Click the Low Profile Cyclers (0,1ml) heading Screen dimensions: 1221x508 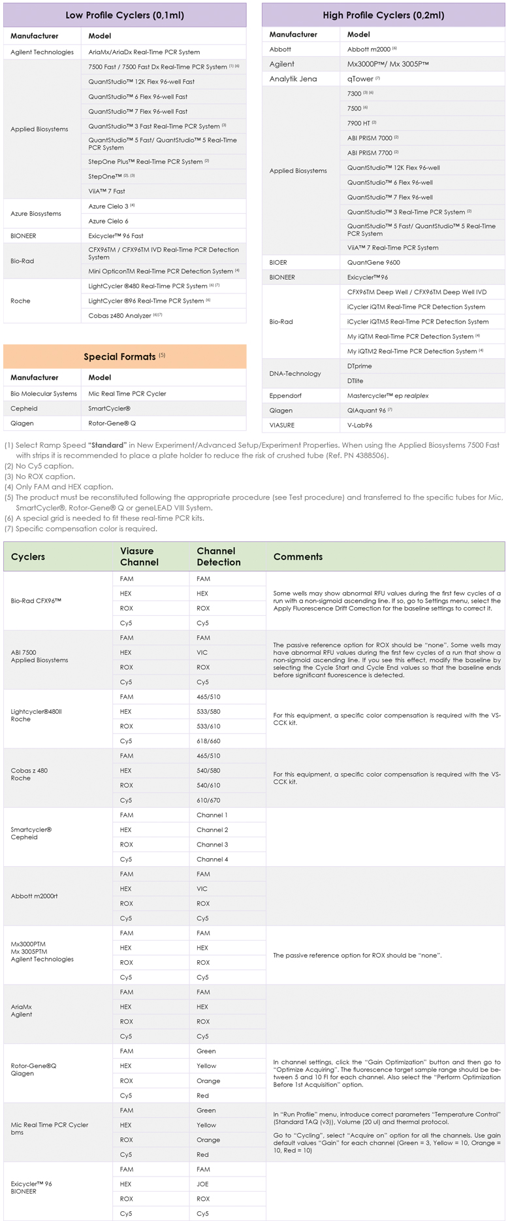[125, 15]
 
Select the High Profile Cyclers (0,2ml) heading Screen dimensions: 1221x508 [383, 15]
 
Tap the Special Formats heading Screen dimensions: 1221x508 [124, 357]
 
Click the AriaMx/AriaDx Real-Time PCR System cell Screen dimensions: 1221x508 [144, 52]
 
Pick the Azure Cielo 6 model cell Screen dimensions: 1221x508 [108, 221]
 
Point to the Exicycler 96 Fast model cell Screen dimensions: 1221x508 [116, 236]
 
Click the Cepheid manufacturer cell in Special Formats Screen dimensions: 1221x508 [24, 409]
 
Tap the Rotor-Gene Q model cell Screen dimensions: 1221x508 [112, 424]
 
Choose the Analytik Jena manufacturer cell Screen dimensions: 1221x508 [293, 79]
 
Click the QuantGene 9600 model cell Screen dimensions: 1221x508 [373, 263]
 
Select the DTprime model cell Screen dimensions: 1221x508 [360, 366]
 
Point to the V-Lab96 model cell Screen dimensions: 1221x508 [360, 426]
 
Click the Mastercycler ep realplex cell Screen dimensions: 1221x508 [388, 396]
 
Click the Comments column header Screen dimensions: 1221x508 [298, 557]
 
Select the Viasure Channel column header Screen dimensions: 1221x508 [139, 557]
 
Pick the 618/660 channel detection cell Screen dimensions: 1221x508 [208, 741]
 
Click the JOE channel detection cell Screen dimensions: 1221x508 [202, 1184]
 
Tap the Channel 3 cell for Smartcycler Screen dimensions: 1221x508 [212, 845]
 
